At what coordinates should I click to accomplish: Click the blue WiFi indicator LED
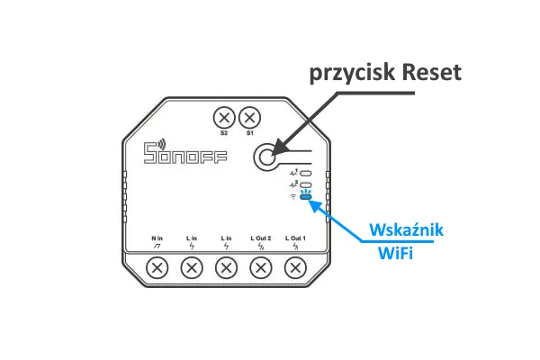306,197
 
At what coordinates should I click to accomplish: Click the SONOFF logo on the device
185,154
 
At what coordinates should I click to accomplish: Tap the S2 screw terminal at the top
224,118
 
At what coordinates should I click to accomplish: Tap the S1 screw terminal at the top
250,118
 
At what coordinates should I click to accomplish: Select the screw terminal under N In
157,267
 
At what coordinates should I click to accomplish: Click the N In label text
157,238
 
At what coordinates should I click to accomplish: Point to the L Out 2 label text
261,238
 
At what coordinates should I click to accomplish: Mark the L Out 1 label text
295,238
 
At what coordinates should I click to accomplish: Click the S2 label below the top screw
224,133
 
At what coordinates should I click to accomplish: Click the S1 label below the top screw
250,133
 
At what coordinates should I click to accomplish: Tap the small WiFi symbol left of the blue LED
292,197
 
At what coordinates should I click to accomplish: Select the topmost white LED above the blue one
306,172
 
